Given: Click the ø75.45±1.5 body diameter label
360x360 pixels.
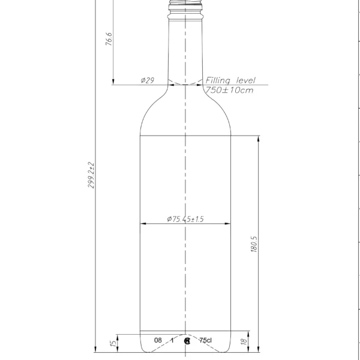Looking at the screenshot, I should tap(185, 220).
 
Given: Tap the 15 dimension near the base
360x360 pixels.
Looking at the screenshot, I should tap(112, 343).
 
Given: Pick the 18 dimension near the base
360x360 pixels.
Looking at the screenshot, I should tap(243, 342).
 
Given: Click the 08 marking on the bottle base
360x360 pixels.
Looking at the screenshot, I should tap(158, 340).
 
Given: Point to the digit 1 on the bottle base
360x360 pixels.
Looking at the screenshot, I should tap(172, 340).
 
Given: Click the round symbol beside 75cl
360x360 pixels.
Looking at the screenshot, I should tap(188, 341).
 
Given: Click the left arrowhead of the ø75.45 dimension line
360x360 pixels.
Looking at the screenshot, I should tap(143, 224).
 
